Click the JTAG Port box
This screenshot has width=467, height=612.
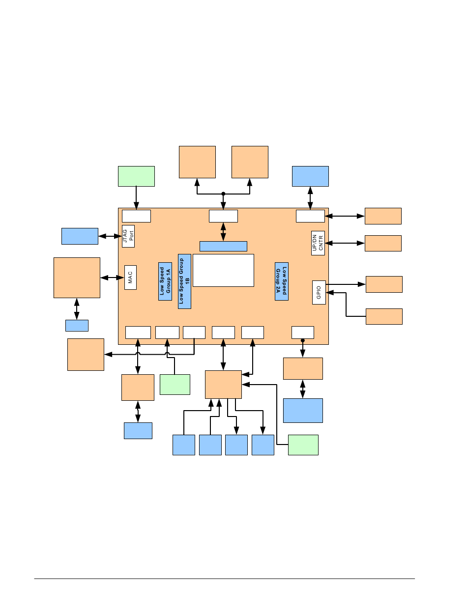coord(128,236)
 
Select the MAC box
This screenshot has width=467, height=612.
coord(130,278)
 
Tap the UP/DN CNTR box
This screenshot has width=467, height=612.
coord(318,243)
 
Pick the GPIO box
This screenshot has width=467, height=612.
coord(319,292)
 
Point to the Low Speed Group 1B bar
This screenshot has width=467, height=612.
coord(184,281)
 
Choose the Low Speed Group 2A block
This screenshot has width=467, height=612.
coord(281,281)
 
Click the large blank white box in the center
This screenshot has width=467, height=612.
coord(223,270)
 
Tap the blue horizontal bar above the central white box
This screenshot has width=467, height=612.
coord(223,246)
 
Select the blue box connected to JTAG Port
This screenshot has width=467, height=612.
coord(80,236)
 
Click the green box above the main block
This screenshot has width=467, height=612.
coord(136,176)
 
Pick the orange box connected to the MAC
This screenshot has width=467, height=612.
coord(77,278)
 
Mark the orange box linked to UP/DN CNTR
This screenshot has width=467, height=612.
coord(383,243)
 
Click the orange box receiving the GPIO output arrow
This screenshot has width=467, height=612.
coord(384,284)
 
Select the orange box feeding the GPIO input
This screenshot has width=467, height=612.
coord(384,316)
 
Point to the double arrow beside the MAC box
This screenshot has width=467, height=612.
coord(112,278)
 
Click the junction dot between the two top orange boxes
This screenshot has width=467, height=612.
coord(223,194)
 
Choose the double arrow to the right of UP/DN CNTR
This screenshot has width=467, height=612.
coord(345,243)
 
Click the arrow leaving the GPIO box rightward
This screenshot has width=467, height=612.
coord(346,284)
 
